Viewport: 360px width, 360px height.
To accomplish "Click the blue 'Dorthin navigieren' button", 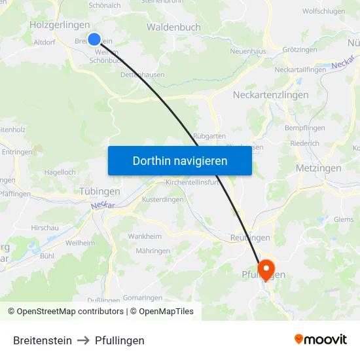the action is [x=179, y=160].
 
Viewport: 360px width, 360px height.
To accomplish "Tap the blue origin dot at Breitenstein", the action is [x=94, y=39].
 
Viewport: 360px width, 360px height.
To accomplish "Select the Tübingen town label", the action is [x=99, y=191].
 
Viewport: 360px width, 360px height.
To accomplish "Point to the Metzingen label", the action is [x=319, y=168].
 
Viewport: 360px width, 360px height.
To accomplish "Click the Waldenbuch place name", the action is [x=173, y=27].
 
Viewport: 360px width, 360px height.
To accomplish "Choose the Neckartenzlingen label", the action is [x=271, y=95].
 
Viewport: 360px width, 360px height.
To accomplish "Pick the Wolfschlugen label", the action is [x=323, y=12].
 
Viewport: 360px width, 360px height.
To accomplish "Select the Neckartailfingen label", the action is [x=300, y=69].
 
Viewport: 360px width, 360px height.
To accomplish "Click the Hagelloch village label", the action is [x=60, y=172].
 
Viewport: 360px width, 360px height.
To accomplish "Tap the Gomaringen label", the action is [x=142, y=297].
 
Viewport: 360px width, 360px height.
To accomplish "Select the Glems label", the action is [x=343, y=219].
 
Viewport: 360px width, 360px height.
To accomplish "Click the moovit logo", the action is [x=321, y=340].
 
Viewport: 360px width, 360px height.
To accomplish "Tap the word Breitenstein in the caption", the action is [x=43, y=340].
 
